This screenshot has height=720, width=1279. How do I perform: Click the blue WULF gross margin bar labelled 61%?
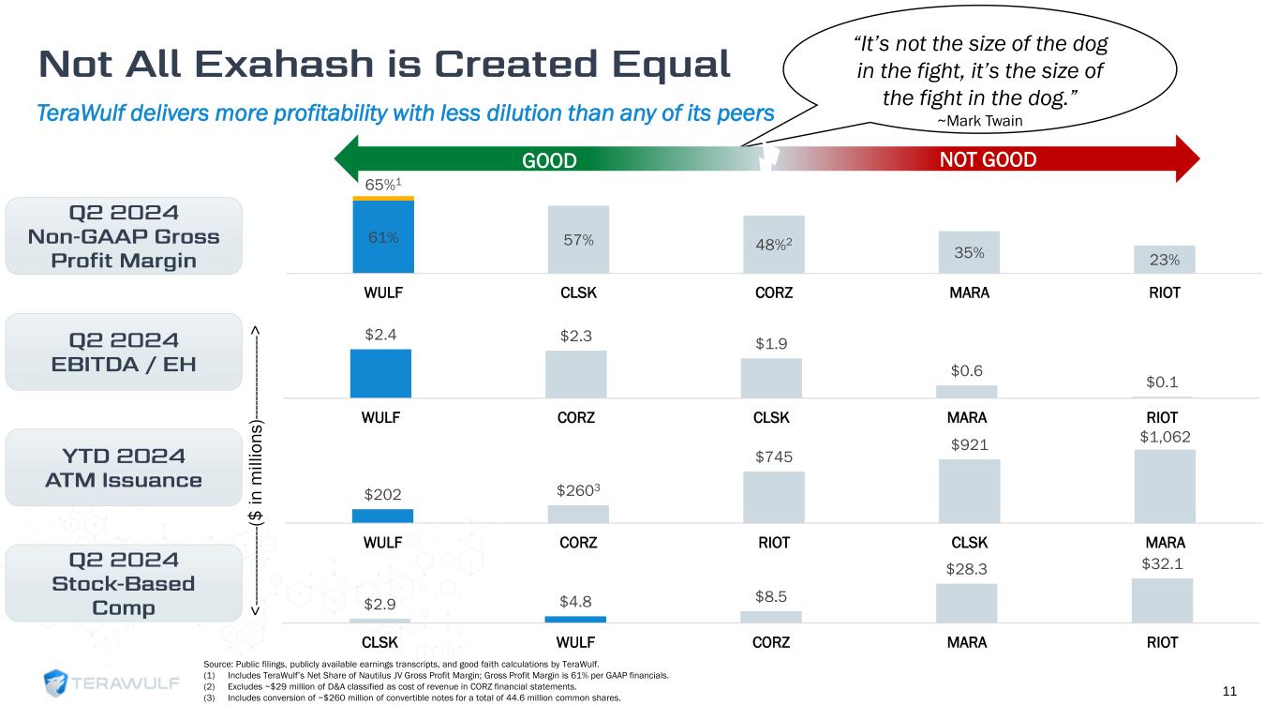pos(383,236)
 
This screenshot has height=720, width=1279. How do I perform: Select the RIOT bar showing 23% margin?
pos(1164,259)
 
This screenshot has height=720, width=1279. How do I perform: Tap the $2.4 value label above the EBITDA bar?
pos(380,333)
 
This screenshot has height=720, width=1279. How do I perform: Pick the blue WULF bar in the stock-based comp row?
pos(575,619)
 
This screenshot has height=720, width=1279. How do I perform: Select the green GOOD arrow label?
pos(549,160)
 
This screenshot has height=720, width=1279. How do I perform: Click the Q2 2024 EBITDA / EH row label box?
pos(125,351)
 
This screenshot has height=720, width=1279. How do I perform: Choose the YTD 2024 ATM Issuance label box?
pos(125,467)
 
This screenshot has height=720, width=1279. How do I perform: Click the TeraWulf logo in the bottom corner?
pos(112,683)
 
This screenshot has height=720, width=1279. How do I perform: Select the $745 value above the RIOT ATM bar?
pos(773,457)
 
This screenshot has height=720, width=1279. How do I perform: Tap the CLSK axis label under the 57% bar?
pos(578,292)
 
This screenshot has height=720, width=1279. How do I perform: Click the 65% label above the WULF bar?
pos(379,186)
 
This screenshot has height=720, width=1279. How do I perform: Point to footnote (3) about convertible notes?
pos(412,698)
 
